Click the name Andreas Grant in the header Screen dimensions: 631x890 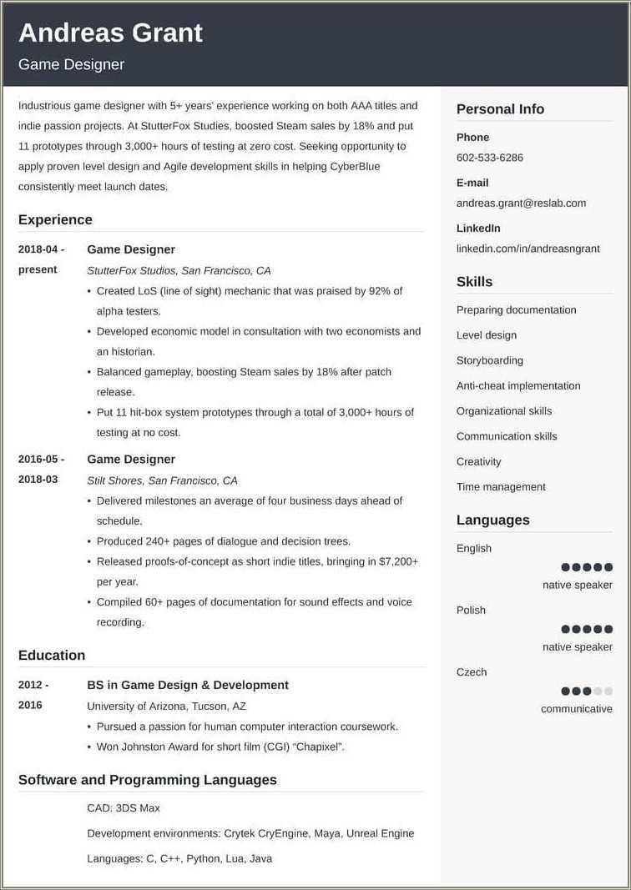110,33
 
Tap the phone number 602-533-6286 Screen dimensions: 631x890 490,158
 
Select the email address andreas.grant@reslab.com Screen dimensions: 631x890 521,203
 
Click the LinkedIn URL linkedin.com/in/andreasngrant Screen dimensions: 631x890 528,249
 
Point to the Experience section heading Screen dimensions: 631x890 55,220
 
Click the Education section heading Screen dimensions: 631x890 52,656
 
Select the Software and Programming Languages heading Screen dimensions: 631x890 147,781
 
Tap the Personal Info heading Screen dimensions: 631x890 500,109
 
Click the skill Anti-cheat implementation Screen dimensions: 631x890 518,386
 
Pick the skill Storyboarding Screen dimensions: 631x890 490,361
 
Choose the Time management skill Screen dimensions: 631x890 501,487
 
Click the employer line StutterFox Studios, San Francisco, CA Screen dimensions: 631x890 179,271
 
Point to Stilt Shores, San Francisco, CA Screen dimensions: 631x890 162,480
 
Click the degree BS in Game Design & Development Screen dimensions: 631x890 188,686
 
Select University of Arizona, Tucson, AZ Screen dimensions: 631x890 166,706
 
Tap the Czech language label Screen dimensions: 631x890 472,672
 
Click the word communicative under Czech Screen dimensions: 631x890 577,709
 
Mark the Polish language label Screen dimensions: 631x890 471,611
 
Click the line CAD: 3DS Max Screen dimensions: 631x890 124,808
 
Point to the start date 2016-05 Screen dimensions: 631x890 41,460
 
